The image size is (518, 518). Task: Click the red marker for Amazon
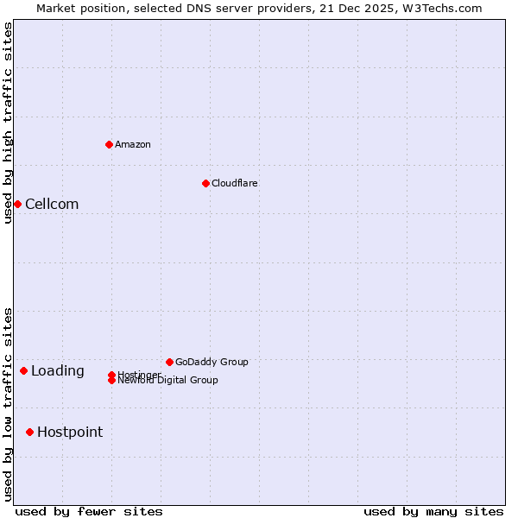pyautogui.click(x=109, y=144)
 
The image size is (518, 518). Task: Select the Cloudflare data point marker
pyautogui.click(x=205, y=183)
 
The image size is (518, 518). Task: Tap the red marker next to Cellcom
pyautogui.click(x=17, y=204)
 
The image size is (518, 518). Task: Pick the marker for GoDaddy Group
pyautogui.click(x=169, y=362)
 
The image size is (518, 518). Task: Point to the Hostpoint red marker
pyautogui.click(x=29, y=432)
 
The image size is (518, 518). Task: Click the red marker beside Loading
pyautogui.click(x=23, y=370)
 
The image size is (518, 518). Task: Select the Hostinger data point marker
pyautogui.click(x=111, y=375)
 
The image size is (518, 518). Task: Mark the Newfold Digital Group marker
pyautogui.click(x=111, y=381)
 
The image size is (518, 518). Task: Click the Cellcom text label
pyautogui.click(x=52, y=205)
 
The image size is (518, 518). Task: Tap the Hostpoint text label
pyautogui.click(x=70, y=433)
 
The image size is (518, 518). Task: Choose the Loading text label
pyautogui.click(x=58, y=371)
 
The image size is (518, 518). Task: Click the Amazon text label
pyautogui.click(x=133, y=144)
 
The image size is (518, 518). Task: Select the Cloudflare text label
pyautogui.click(x=235, y=183)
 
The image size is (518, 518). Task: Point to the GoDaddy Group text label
pyautogui.click(x=212, y=362)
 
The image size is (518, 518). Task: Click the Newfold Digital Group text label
pyautogui.click(x=168, y=381)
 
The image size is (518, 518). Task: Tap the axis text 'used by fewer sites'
pyautogui.click(x=89, y=511)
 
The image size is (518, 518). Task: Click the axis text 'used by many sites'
pyautogui.click(x=433, y=511)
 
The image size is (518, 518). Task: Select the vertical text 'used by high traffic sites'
pyautogui.click(x=8, y=123)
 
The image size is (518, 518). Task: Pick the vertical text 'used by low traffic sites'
pyautogui.click(x=8, y=403)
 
